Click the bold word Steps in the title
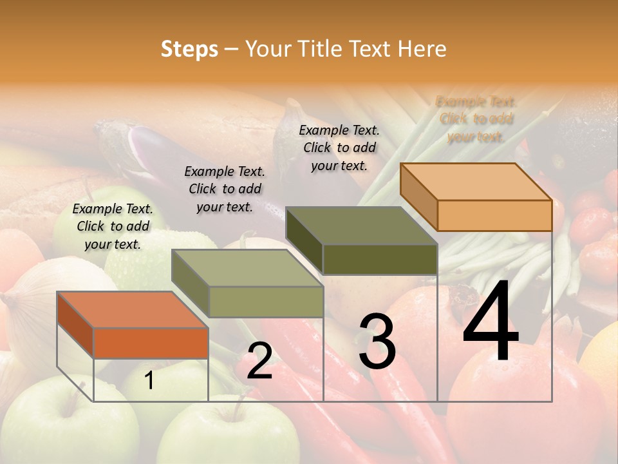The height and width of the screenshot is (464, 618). (189, 49)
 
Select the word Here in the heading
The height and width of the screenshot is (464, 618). (422, 49)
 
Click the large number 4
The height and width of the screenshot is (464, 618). (491, 322)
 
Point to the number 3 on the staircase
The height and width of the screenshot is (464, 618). (377, 342)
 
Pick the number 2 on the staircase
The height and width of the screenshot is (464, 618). (259, 362)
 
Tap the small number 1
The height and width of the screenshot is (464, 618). (149, 381)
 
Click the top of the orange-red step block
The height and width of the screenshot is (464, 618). (131, 310)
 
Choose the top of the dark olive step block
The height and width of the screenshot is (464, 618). (360, 226)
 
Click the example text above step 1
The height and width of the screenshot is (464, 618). (113, 226)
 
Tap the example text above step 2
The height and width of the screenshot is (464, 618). (225, 189)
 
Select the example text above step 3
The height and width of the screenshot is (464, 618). (339, 148)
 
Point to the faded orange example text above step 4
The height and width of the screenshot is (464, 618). (476, 119)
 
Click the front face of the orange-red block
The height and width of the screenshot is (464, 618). (151, 343)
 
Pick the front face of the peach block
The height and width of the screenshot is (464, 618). (494, 215)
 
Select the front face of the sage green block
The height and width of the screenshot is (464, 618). (266, 302)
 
